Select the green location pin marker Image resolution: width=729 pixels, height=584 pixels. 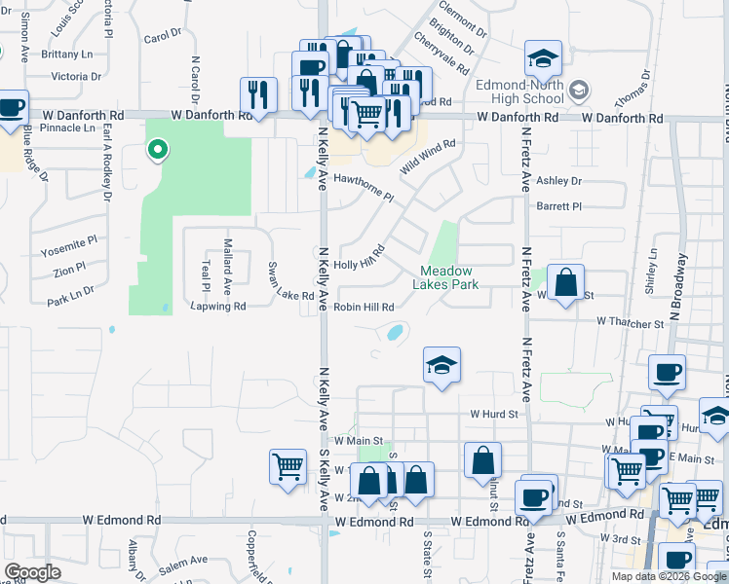coord(155,150)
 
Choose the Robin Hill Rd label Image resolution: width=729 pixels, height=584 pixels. coord(364,307)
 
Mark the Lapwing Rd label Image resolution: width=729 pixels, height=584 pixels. coord(217,306)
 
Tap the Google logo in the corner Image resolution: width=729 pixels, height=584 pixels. coord(32,571)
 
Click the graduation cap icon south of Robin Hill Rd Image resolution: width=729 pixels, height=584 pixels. coord(441,366)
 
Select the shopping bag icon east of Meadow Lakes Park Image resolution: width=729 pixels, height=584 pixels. coord(565,283)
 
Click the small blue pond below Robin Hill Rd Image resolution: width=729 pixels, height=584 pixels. coord(396,334)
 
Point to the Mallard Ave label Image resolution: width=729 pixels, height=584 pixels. coord(227,267)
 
